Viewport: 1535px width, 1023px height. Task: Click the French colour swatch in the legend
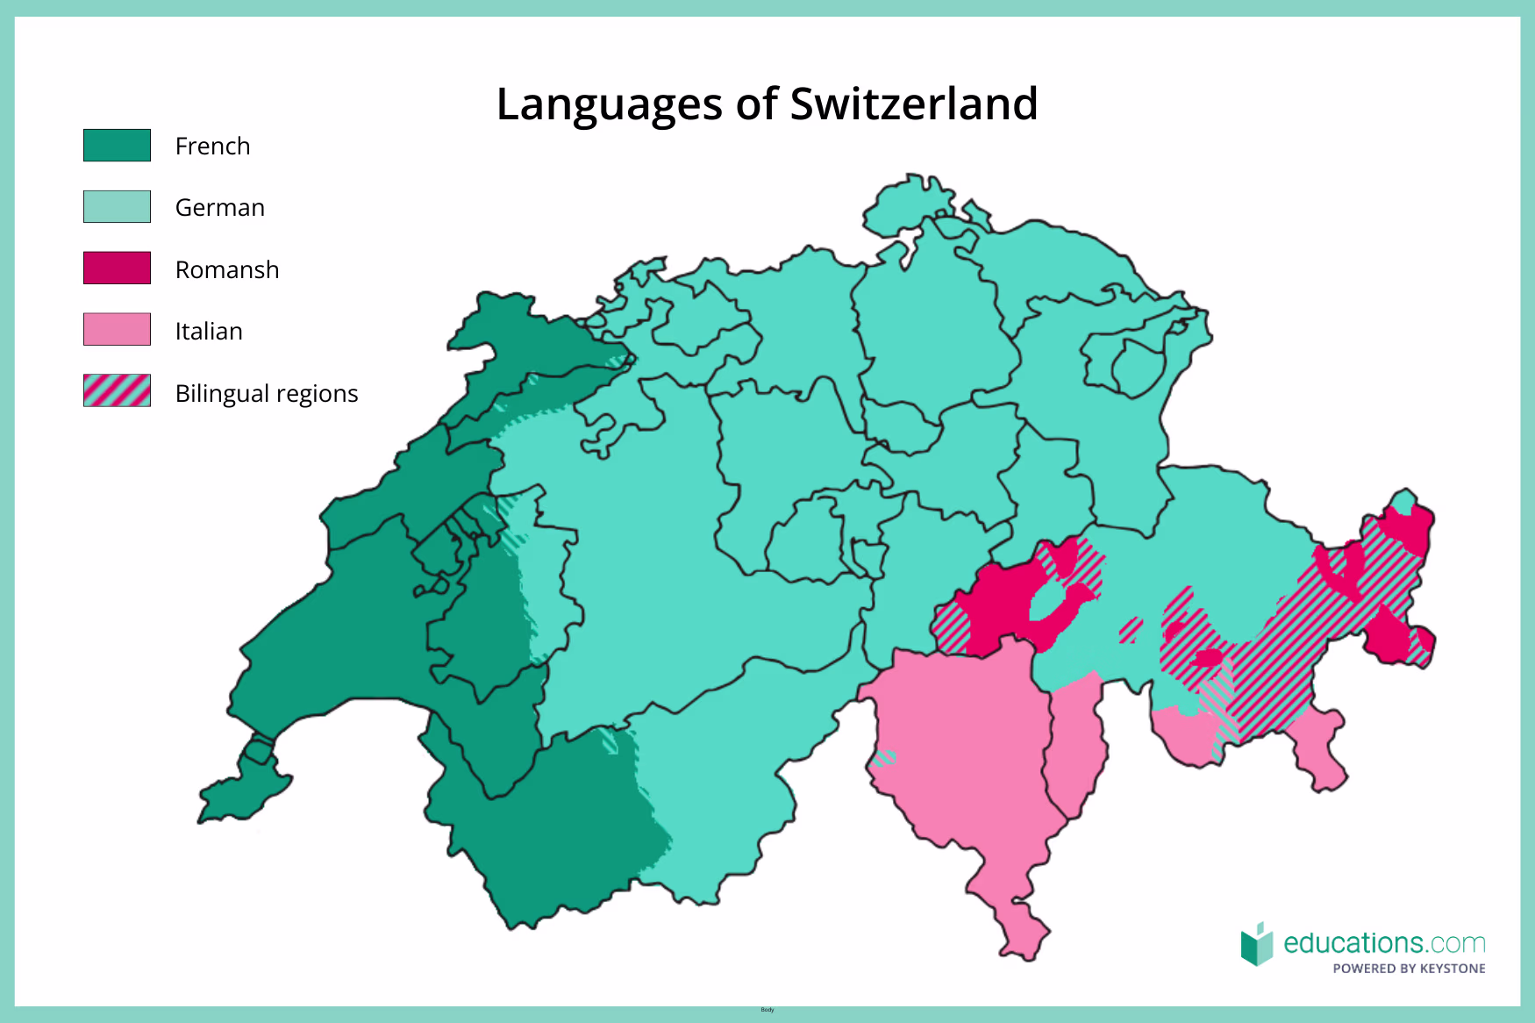click(117, 146)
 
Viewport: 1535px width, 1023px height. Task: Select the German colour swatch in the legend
click(117, 207)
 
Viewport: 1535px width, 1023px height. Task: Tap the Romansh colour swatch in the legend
click(117, 268)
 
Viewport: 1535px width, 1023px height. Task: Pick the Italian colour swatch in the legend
click(117, 330)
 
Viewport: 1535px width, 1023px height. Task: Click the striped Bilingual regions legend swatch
click(117, 391)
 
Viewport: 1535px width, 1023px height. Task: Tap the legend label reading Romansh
click(227, 269)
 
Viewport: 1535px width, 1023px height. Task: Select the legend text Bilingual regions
click(267, 393)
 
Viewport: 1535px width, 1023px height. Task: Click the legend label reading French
click(212, 146)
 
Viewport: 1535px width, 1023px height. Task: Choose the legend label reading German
click(219, 208)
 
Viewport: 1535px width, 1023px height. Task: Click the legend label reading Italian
click(209, 331)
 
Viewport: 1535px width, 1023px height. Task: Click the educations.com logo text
click(1383, 943)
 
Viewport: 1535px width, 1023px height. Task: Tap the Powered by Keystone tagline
click(1409, 969)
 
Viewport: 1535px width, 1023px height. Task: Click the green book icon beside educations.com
click(1256, 944)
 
